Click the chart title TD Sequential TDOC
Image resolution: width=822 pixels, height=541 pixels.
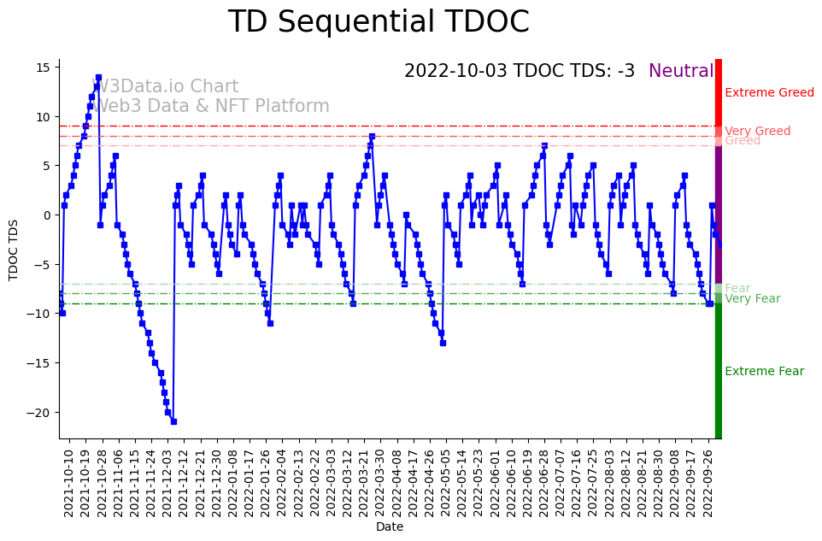pyautogui.click(x=379, y=22)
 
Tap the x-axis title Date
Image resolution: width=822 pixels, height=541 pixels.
pyautogui.click(x=390, y=527)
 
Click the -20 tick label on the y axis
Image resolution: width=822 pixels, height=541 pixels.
pyautogui.click(x=39, y=412)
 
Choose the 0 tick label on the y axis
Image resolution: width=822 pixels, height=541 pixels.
pyautogui.click(x=48, y=215)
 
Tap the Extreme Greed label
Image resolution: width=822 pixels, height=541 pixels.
pyautogui.click(x=769, y=93)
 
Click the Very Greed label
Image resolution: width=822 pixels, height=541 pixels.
pyautogui.click(x=757, y=131)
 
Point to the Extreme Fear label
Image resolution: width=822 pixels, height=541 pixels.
pyautogui.click(x=764, y=372)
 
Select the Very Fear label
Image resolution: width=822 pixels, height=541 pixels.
pyautogui.click(x=752, y=298)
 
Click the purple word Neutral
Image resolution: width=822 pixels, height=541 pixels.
pyautogui.click(x=681, y=72)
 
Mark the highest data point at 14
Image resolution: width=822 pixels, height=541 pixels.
pyautogui.click(x=98, y=78)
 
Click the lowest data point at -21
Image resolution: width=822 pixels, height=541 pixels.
pyautogui.click(x=173, y=421)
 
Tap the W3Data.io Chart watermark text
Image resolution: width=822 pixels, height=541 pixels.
pyautogui.click(x=165, y=87)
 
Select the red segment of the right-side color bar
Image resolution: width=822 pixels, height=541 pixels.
pyautogui.click(x=719, y=98)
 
